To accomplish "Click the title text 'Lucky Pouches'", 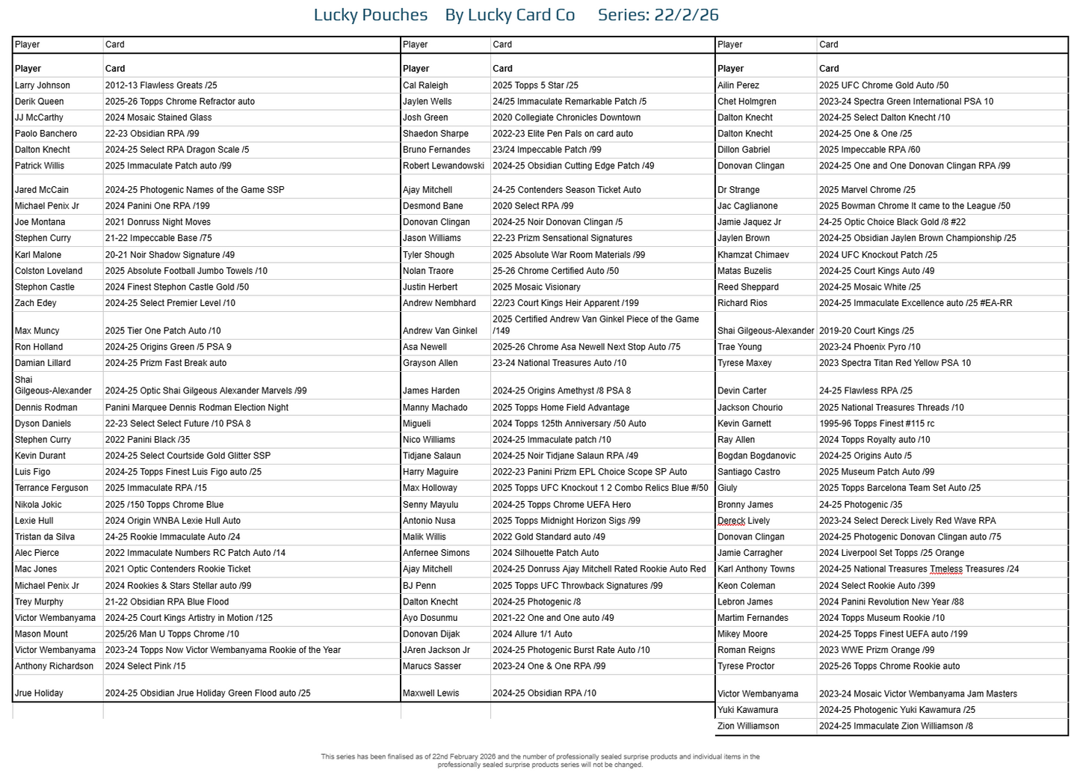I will pos(370,15).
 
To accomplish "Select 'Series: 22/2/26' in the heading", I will pos(658,15).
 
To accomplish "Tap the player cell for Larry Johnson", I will pos(43,85).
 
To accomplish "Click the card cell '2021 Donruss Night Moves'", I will pos(158,222).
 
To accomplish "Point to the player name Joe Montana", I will pos(40,222).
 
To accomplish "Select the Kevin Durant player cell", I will pos(40,456).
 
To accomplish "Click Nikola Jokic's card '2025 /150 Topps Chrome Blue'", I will pos(164,505).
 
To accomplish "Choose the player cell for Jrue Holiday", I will pos(39,693).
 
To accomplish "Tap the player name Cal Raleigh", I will pos(425,85).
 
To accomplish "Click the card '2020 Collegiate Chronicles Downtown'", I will pos(567,117).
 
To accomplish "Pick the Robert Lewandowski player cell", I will pos(443,166).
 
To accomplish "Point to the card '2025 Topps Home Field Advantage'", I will pos(561,408).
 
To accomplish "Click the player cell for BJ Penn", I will pos(419,586).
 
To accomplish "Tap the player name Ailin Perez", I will pos(738,85).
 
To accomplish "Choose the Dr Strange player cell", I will pos(738,190).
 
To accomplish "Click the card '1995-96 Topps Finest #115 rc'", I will pos(877,423).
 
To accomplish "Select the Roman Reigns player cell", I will pos(746,650).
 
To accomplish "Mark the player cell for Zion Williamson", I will pos(748,726).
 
